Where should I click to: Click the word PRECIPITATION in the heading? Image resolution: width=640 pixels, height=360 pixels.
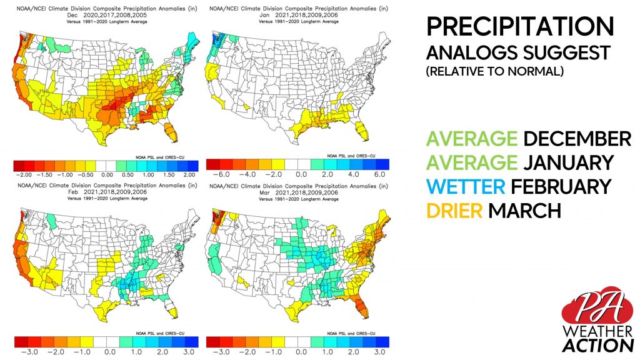[519, 27]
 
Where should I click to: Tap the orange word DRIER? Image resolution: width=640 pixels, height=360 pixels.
[454, 211]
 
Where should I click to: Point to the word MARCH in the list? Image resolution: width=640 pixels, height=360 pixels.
[524, 211]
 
